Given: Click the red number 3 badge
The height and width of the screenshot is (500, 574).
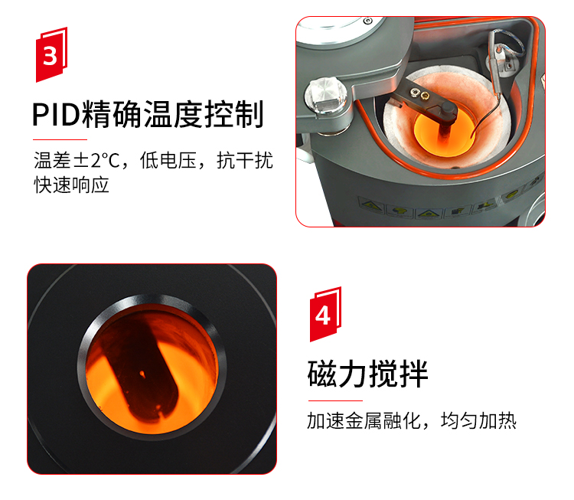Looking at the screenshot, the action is pos(51,54).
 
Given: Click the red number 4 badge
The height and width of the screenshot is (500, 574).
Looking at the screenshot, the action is pos(325,314).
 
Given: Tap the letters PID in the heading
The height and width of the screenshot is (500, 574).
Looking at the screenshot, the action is pos(56,115).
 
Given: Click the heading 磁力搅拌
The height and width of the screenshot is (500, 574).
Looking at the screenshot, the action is pos(368,374).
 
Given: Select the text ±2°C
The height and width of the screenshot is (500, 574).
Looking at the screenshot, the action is pos(97,161).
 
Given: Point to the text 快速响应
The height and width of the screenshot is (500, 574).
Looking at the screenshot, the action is pos(72,185).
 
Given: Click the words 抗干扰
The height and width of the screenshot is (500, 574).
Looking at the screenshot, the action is pos(245,161).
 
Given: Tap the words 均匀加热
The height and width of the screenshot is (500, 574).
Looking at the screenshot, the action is pos(479,420).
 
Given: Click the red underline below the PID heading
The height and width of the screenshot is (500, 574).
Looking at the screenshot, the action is pos(60,139).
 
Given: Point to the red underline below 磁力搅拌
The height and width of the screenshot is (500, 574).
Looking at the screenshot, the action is pos(335,400).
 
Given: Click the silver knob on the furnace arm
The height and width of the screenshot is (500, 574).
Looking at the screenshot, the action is pos(325,94).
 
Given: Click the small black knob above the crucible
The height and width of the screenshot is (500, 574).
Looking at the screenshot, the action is pos(448,109).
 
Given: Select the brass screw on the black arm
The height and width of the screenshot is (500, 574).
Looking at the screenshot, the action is pos(425,96).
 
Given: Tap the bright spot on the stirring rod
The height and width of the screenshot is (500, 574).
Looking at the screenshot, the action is pos(142,374).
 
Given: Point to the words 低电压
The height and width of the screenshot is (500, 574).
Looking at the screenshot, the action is pos(168,161).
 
